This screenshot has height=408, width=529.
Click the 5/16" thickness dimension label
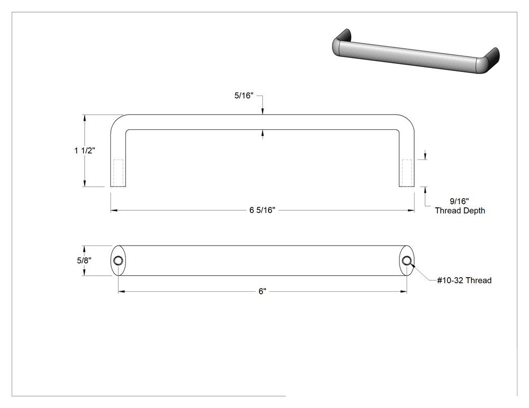(243, 96)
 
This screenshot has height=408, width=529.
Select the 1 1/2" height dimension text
(85, 150)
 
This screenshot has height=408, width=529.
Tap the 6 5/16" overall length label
(262, 210)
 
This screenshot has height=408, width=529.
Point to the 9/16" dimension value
(459, 201)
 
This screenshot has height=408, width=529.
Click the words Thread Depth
(460, 211)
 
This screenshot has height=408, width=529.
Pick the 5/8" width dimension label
(84, 261)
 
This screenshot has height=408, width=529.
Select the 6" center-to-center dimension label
(262, 291)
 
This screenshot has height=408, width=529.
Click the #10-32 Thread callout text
(464, 280)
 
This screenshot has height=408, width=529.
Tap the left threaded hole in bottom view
(118, 261)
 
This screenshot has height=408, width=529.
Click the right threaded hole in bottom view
(407, 261)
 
